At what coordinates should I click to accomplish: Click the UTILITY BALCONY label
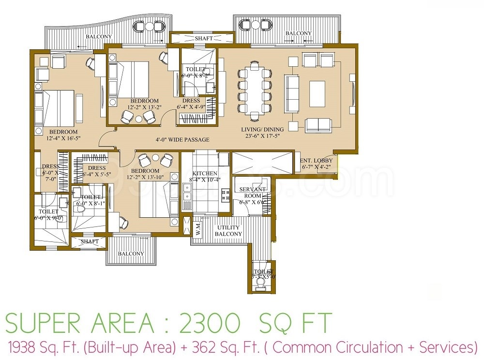(229, 231)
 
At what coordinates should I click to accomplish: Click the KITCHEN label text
(205, 173)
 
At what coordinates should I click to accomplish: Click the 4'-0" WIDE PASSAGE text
(182, 140)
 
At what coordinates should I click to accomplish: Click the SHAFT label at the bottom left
(90, 241)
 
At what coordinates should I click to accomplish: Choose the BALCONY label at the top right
(299, 33)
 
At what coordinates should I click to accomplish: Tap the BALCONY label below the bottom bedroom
(131, 254)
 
